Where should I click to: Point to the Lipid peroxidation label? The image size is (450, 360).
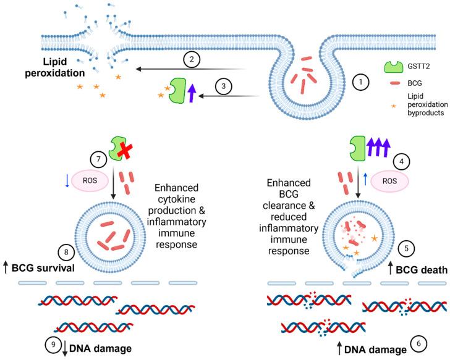click(41, 67)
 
